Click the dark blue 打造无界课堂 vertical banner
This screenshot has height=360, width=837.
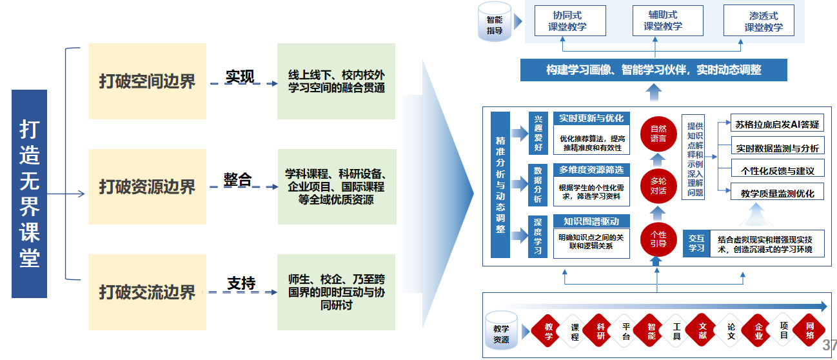point(30,194)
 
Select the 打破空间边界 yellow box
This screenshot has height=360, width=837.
point(147,81)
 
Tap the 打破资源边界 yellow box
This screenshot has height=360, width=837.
point(147,187)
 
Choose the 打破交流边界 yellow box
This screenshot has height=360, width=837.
point(147,292)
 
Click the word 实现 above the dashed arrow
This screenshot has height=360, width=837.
point(239,76)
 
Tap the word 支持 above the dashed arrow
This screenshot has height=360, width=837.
point(241,283)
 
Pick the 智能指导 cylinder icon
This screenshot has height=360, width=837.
point(495,21)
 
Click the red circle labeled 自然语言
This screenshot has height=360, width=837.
point(658,134)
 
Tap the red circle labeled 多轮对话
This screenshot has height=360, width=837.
point(658,186)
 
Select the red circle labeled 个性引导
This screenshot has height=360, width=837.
point(658,239)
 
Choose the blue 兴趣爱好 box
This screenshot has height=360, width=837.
point(538,134)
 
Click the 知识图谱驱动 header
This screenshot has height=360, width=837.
point(591,221)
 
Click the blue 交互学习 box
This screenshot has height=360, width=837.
point(696,243)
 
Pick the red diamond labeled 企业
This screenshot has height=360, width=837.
point(758,331)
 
